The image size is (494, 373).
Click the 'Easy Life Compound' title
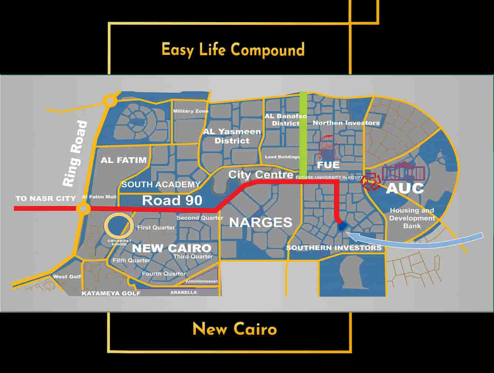pyautogui.click(x=233, y=50)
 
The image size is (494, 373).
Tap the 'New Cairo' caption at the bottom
pyautogui.click(x=235, y=329)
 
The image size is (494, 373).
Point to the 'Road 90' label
pyautogui.click(x=172, y=200)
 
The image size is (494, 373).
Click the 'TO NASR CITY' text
pyautogui.click(x=46, y=199)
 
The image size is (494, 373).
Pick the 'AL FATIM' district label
pyautogui.click(x=124, y=160)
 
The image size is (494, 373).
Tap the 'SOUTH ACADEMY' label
pyautogui.click(x=161, y=184)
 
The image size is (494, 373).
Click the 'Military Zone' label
pyautogui.click(x=191, y=111)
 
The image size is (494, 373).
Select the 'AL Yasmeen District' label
pyautogui.click(x=232, y=136)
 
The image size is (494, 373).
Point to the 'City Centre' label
pyautogui.click(x=261, y=175)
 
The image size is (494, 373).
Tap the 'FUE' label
pyautogui.click(x=328, y=165)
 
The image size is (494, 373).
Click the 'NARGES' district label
pyautogui.click(x=261, y=222)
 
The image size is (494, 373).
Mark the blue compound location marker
pyautogui.click(x=342, y=226)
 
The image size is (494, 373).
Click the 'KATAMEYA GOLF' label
pyautogui.click(x=111, y=294)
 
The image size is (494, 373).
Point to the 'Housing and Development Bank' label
pyautogui.click(x=412, y=218)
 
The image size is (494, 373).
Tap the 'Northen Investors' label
pyautogui.click(x=346, y=123)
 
